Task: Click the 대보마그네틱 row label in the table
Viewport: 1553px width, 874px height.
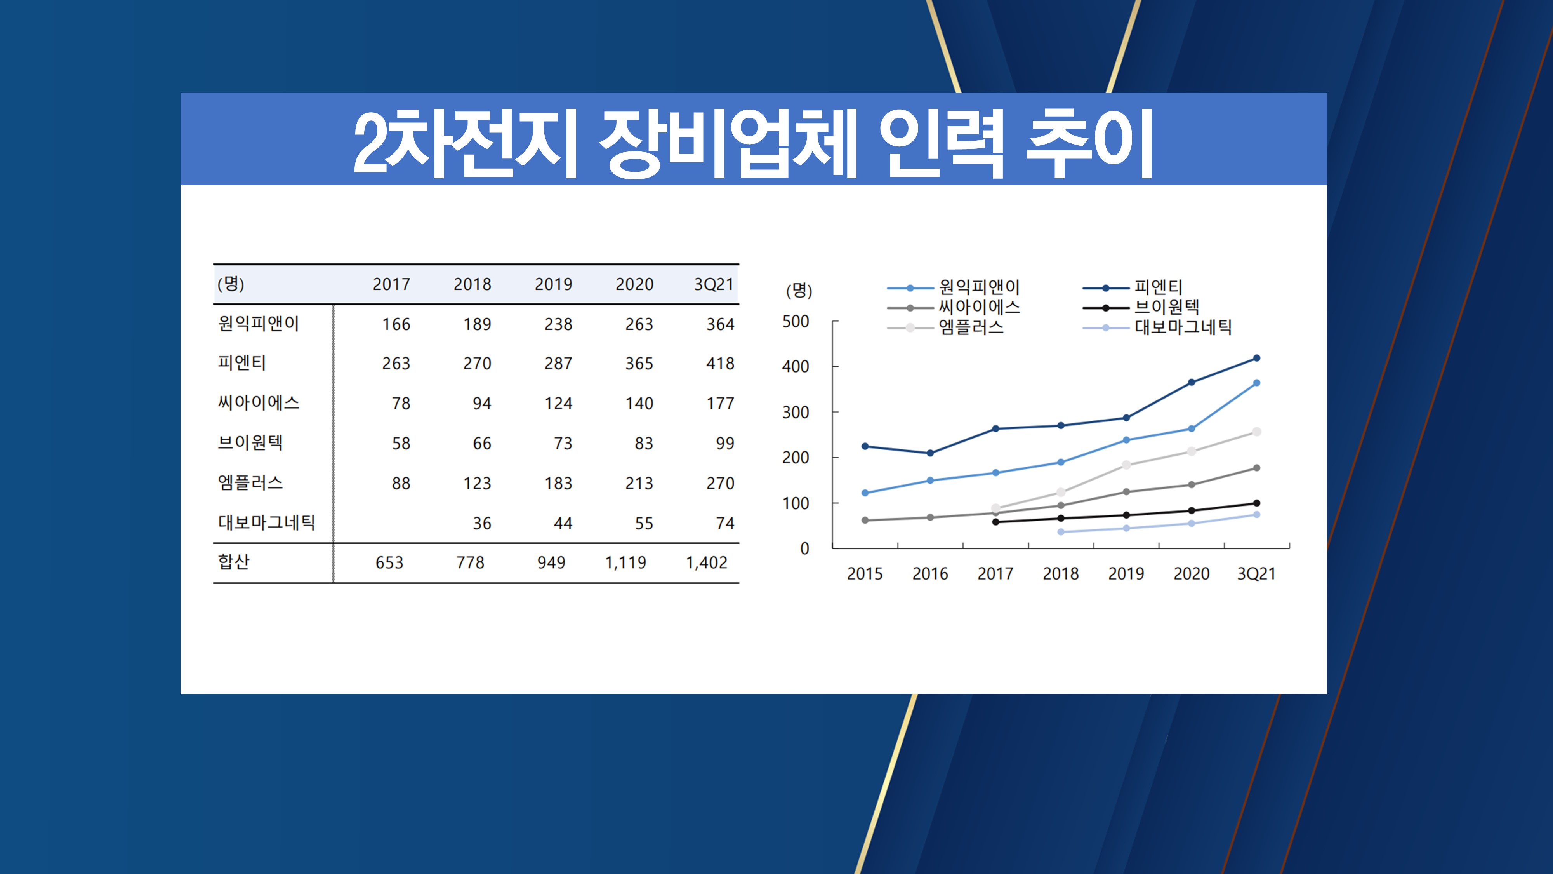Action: (266, 522)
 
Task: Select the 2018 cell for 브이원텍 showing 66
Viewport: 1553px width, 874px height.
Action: (482, 443)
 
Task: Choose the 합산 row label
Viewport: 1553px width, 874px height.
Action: (234, 562)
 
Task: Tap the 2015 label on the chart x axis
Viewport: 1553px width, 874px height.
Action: (865, 574)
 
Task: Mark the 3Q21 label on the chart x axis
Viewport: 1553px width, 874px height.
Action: (1256, 574)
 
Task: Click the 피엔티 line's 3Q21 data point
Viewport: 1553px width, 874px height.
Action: (1256, 358)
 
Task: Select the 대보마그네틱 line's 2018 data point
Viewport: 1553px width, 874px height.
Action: (1060, 532)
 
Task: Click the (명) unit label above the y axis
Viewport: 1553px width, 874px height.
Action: (799, 291)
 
